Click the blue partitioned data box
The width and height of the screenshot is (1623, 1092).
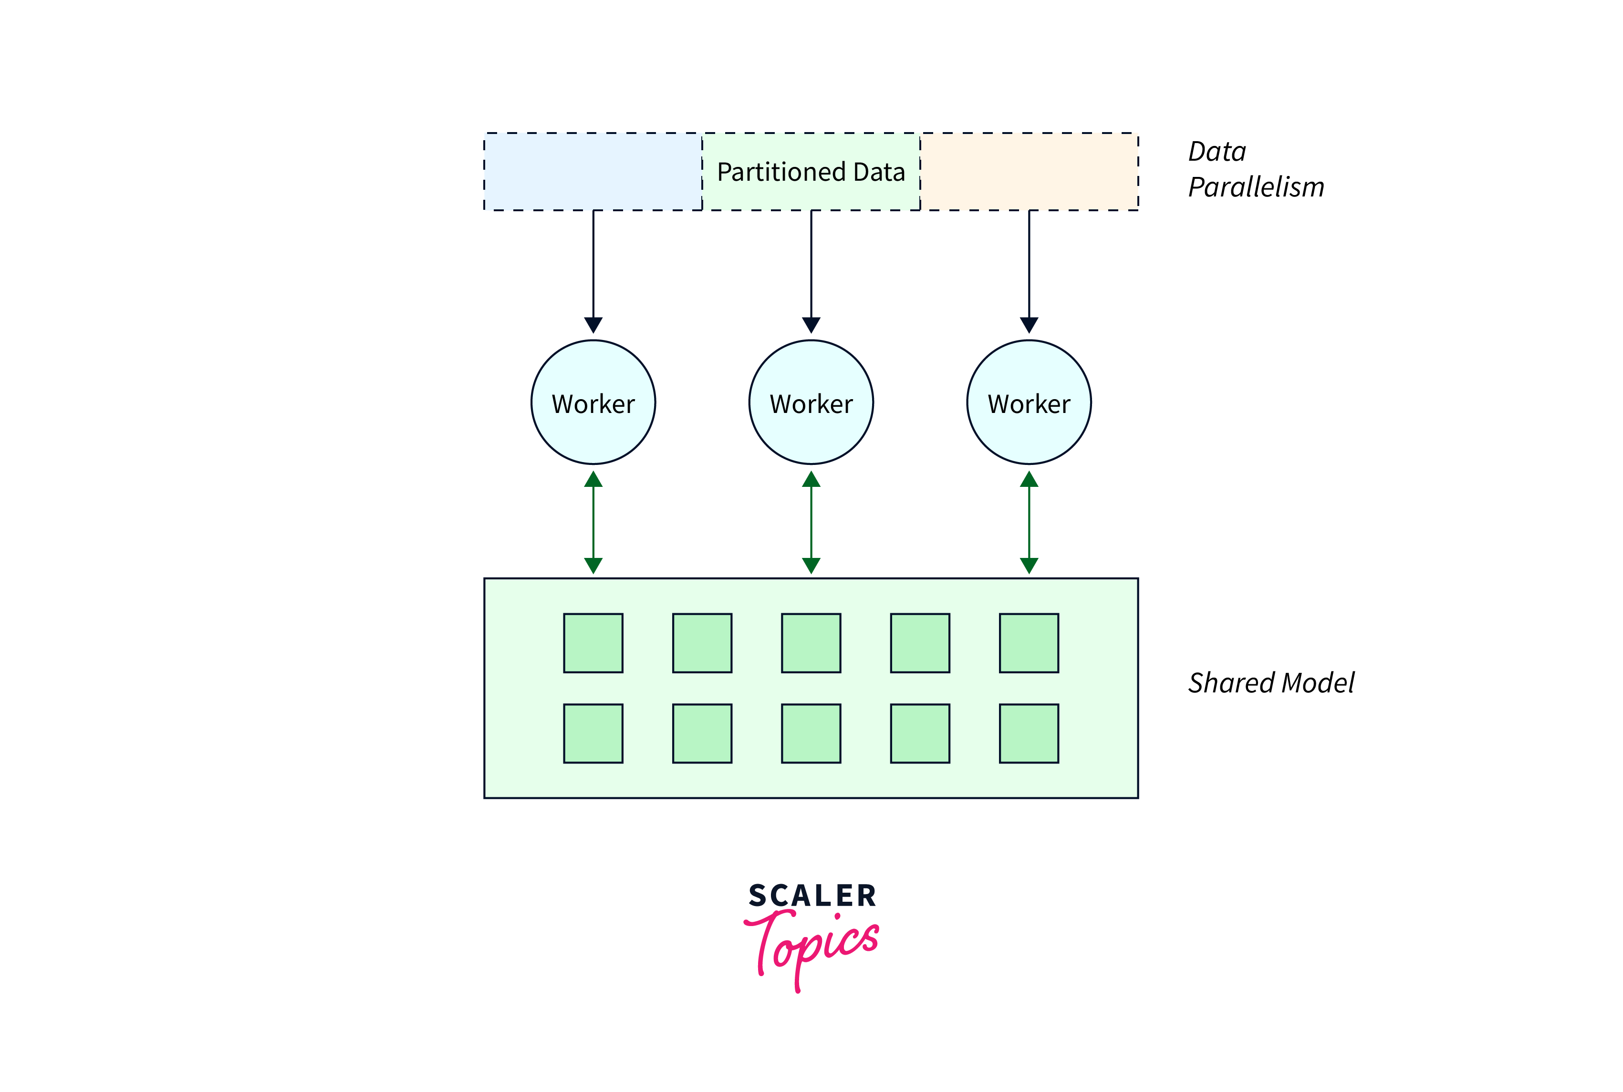pyautogui.click(x=593, y=171)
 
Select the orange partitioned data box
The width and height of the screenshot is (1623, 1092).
pyautogui.click(x=1030, y=171)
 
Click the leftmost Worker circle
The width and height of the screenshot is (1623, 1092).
pyautogui.click(x=593, y=402)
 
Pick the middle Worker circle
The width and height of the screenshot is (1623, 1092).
pyautogui.click(x=811, y=402)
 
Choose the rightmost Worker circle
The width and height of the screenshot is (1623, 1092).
pyautogui.click(x=1029, y=402)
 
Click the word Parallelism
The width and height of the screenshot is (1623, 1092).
pyautogui.click(x=1256, y=187)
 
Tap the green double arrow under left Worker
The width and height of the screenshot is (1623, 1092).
pyautogui.click(x=593, y=522)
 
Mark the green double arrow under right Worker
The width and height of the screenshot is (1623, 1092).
pyautogui.click(x=1029, y=522)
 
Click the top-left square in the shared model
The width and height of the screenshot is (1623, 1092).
pyautogui.click(x=593, y=643)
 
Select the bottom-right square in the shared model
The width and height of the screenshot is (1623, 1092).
pyautogui.click(x=1029, y=733)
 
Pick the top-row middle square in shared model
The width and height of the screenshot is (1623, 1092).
pyautogui.click(x=811, y=643)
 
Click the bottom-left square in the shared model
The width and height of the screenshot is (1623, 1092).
pyautogui.click(x=593, y=733)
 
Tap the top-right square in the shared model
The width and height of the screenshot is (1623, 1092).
pyautogui.click(x=1029, y=643)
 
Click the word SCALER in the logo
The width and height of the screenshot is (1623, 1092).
pyautogui.click(x=812, y=896)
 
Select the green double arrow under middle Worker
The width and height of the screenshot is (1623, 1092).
pyautogui.click(x=811, y=522)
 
